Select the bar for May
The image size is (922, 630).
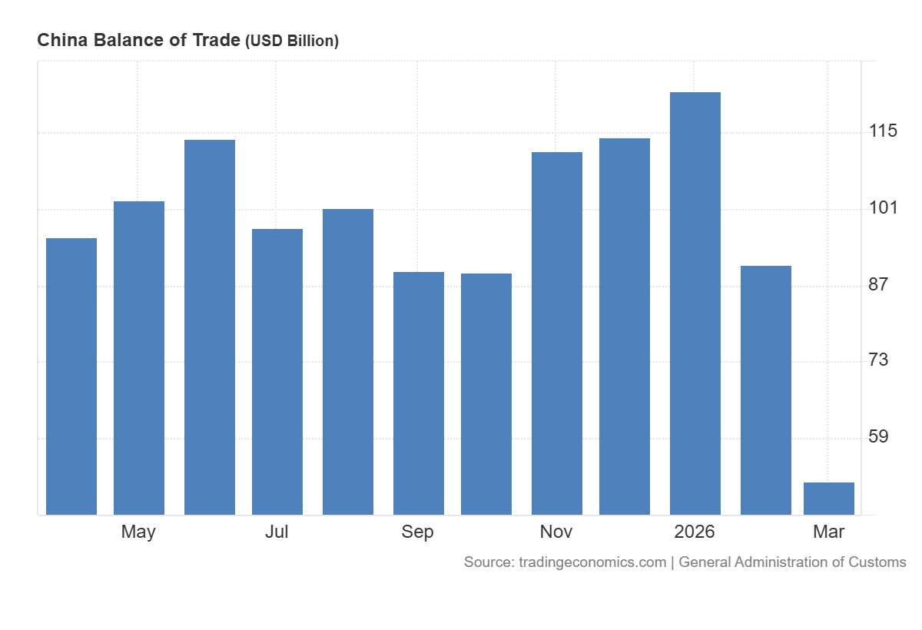coord(139,357)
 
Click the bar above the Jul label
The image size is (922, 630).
coord(277,371)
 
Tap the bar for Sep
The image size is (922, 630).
coord(419,393)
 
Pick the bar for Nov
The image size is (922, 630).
coord(557,333)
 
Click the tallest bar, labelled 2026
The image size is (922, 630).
coord(695,303)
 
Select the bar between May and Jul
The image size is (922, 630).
coord(210,327)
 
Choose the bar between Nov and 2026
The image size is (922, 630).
coord(625,326)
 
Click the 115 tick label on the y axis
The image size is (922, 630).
coord(883,131)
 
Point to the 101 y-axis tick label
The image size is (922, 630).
coord(883,208)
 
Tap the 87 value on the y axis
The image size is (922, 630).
coord(878,284)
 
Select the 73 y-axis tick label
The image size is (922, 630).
coord(878,360)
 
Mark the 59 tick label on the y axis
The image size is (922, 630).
coord(878,436)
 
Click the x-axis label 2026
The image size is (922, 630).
coord(695,532)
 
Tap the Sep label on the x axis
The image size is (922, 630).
coord(417,532)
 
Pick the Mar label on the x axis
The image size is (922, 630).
coord(829,532)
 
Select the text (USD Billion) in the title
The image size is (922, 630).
coord(292,41)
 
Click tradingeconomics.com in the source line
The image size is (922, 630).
coord(592,562)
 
